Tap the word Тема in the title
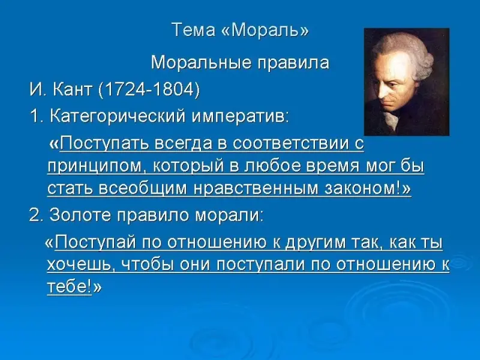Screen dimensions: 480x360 pyautogui.click(x=193, y=30)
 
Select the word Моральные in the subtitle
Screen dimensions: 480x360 pyautogui.click(x=201, y=63)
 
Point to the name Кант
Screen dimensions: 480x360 pyautogui.click(x=72, y=89)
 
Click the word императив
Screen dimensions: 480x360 pyautogui.click(x=240, y=116)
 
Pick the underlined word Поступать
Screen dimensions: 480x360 pyautogui.click(x=106, y=143)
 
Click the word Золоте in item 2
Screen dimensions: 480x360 pyautogui.click(x=80, y=215)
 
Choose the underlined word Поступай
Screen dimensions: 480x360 pyautogui.click(x=95, y=242)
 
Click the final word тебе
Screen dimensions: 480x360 pyautogui.click(x=69, y=287)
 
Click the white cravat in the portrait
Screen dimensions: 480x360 pyautogui.click(x=391, y=119)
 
